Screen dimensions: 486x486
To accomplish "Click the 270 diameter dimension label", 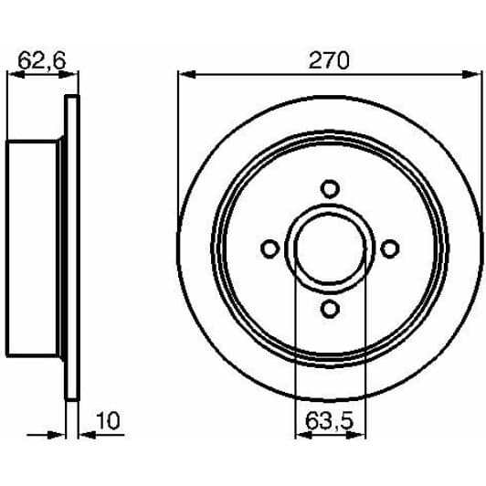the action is pyautogui.click(x=329, y=60).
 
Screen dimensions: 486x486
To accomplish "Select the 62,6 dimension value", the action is pyautogui.click(x=42, y=60).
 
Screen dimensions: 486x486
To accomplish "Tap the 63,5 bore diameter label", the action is pyautogui.click(x=329, y=420).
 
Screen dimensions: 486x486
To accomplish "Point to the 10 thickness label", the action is pyautogui.click(x=108, y=420).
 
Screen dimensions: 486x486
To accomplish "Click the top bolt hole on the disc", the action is pyautogui.click(x=330, y=189).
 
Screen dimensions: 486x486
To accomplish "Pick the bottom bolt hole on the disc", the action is pyautogui.click(x=330, y=309).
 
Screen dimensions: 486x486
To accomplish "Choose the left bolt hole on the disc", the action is pyautogui.click(x=270, y=248).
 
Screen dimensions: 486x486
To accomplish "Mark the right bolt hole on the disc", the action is pyautogui.click(x=389, y=248).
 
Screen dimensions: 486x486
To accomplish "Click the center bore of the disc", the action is pyautogui.click(x=330, y=249).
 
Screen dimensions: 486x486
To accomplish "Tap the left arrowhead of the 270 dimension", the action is pyautogui.click(x=186, y=74).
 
